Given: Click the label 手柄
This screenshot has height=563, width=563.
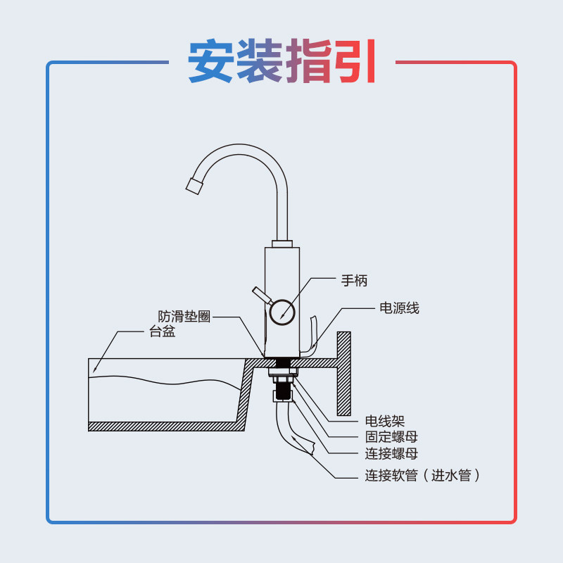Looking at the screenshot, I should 355,280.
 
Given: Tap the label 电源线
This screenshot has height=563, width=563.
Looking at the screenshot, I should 399,308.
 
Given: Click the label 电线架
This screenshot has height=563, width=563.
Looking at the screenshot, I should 384,422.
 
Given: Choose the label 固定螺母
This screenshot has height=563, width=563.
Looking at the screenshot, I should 391,438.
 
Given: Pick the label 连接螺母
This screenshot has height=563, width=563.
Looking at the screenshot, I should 391,454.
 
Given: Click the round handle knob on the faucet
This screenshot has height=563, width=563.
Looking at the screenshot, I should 283,310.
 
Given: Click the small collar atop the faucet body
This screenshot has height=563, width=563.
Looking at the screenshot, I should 281,243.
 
